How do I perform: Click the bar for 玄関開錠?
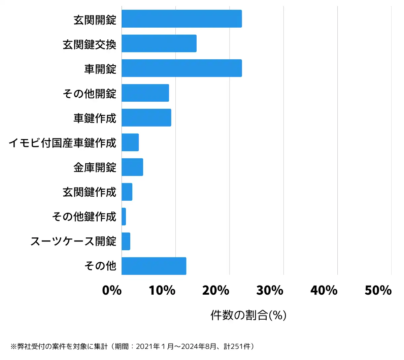182,19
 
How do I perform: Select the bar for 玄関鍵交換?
159,43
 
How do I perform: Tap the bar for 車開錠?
182,68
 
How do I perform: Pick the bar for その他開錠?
145,93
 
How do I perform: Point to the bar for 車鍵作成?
146,118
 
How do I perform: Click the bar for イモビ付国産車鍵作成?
130,142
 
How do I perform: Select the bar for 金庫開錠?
132,167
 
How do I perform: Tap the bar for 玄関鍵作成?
127,192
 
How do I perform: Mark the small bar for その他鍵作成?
124,217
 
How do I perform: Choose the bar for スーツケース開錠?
126,241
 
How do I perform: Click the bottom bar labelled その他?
154,266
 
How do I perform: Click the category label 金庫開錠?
95,167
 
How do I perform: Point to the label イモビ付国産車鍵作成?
63,143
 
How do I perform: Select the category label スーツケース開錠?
73,241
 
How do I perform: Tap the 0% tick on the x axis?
112,290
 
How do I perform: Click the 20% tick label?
216,290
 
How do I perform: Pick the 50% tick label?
378,290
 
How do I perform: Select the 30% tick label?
270,290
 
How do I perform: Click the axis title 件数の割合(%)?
248,315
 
